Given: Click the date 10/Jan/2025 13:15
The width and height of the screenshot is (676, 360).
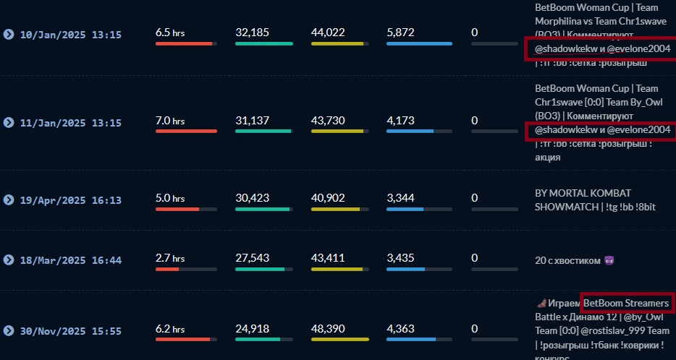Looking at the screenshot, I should point(70,34).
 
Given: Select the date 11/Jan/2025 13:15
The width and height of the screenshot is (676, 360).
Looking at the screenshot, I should point(70,123).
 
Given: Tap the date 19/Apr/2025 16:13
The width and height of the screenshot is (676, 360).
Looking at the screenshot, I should point(70,200).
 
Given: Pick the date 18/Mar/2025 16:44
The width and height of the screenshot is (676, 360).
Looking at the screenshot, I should point(70,260).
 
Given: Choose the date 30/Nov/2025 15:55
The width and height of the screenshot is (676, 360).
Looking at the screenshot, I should point(70,331).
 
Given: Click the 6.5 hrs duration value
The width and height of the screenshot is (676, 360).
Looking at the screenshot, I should point(170,33).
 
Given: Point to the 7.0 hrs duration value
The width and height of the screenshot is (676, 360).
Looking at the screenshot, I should point(170,121).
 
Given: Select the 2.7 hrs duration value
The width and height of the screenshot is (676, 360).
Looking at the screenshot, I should point(170,258).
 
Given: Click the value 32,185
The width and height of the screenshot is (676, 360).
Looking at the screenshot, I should point(252,33).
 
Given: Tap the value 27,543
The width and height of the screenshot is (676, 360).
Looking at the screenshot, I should point(252,258).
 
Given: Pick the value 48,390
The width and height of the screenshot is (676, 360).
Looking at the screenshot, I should point(328,329).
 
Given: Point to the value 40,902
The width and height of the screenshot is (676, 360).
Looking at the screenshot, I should point(328,198).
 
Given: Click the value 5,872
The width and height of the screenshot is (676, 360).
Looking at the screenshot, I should point(400,33).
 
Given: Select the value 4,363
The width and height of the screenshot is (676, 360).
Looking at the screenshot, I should point(400,329).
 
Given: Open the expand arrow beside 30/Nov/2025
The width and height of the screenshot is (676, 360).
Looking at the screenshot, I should point(9,331).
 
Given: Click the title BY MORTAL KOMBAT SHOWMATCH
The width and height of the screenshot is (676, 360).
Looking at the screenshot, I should point(583,200).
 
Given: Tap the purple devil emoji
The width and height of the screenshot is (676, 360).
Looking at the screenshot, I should point(609,260).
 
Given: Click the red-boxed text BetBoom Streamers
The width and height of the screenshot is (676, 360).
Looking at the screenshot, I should point(626,303).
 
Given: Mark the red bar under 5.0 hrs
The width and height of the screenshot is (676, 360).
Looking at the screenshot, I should point(177,209).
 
